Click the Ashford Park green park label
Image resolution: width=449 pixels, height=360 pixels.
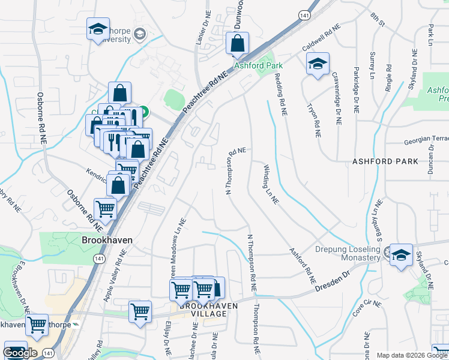tap(258, 65)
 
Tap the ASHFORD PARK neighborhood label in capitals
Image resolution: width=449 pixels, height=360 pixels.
tap(385, 162)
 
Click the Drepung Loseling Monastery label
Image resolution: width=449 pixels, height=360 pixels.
tap(348, 253)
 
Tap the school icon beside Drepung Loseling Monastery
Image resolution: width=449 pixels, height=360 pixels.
tap(400, 255)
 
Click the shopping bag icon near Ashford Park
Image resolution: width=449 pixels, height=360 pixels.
tap(237, 44)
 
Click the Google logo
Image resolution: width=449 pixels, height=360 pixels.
tap(20, 353)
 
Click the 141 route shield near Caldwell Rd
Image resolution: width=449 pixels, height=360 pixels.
tap(307, 15)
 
